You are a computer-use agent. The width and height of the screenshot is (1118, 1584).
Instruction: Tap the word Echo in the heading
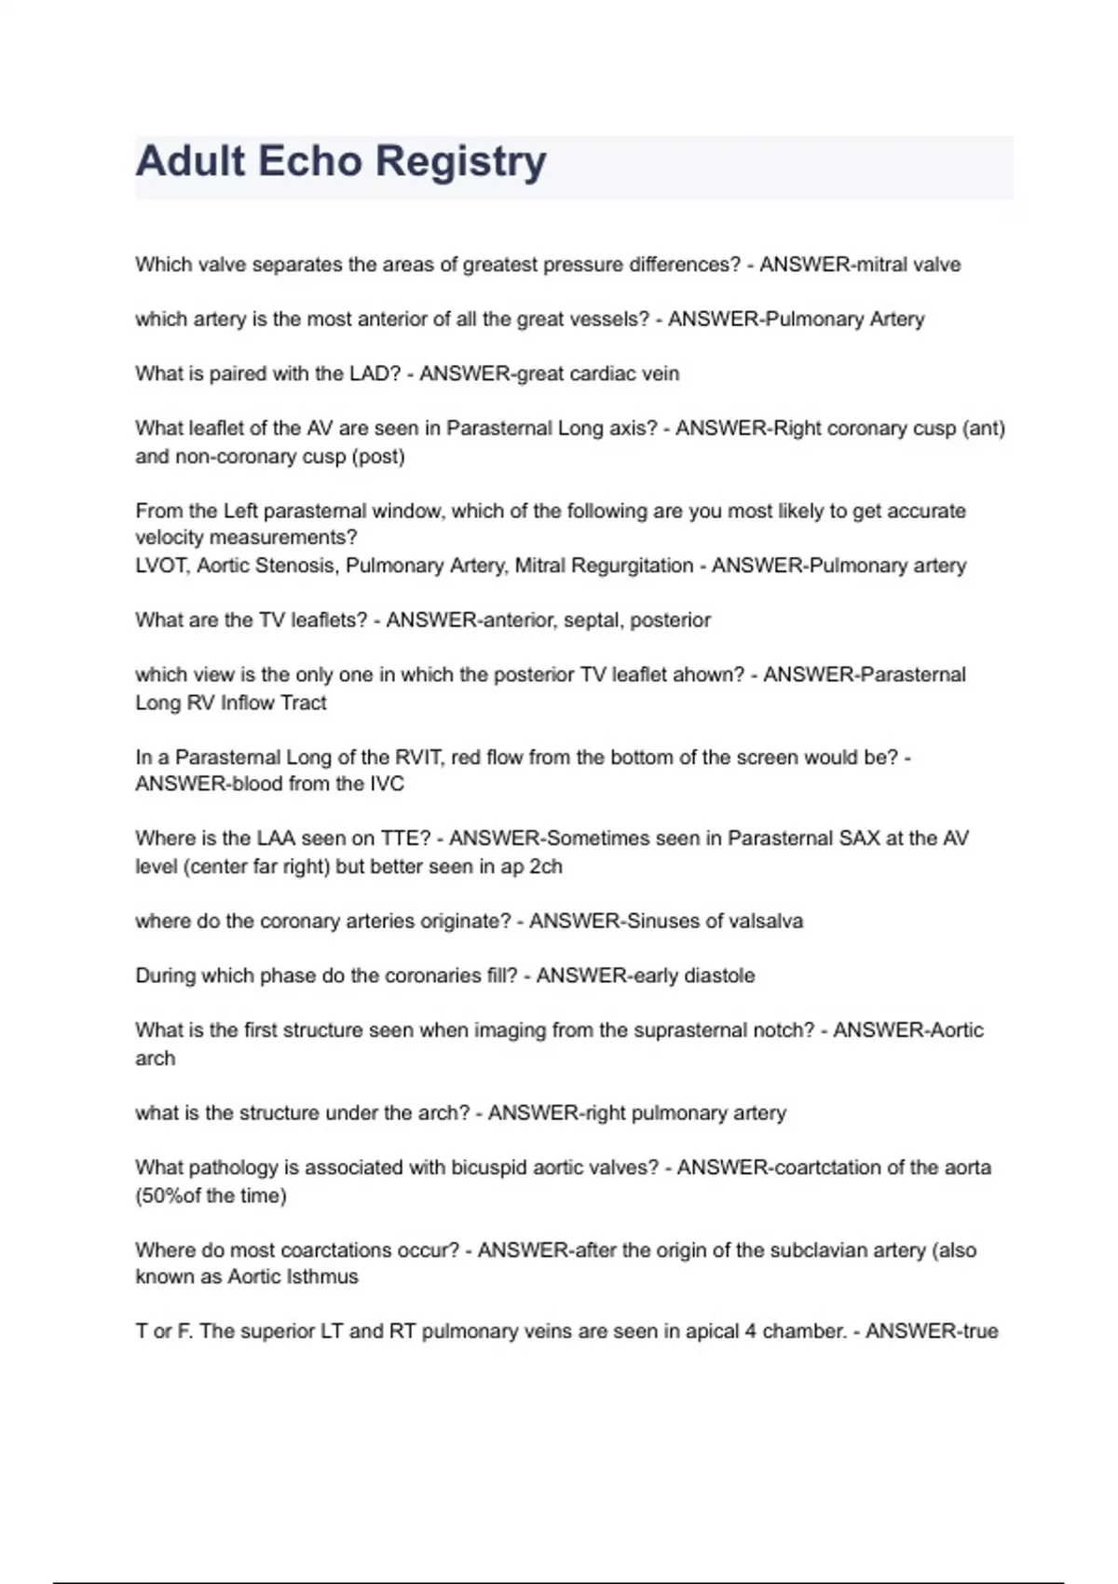(309, 161)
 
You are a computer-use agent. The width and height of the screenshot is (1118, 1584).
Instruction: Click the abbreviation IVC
(387, 784)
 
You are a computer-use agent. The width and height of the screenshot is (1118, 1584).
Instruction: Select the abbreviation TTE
(401, 839)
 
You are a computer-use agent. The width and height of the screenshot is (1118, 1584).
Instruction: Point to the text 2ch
(545, 867)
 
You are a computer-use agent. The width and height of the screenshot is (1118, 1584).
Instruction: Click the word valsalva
(767, 922)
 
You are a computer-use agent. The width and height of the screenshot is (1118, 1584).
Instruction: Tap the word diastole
(720, 976)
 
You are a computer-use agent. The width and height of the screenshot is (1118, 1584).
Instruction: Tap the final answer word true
(979, 1331)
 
